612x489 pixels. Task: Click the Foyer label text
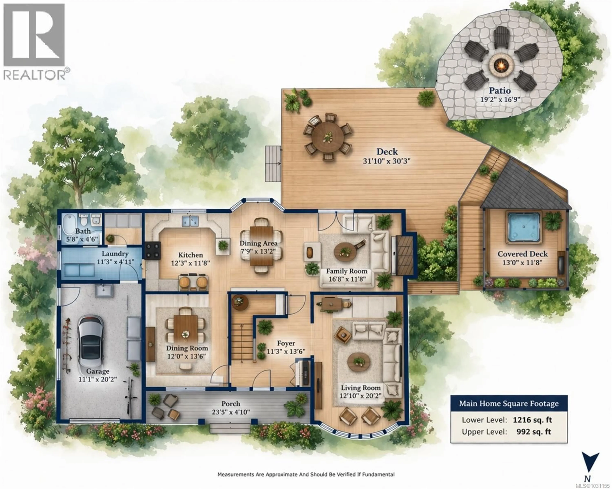286,343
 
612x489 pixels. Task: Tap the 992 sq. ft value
534,432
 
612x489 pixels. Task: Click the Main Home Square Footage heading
509,404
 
